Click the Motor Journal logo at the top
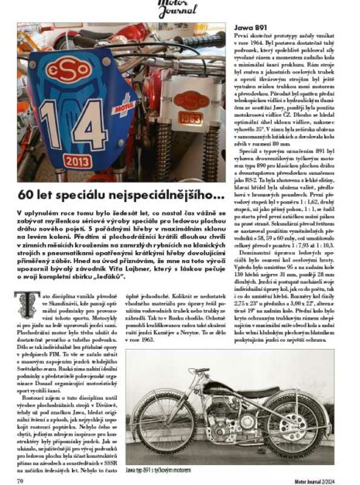pos(180,8)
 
